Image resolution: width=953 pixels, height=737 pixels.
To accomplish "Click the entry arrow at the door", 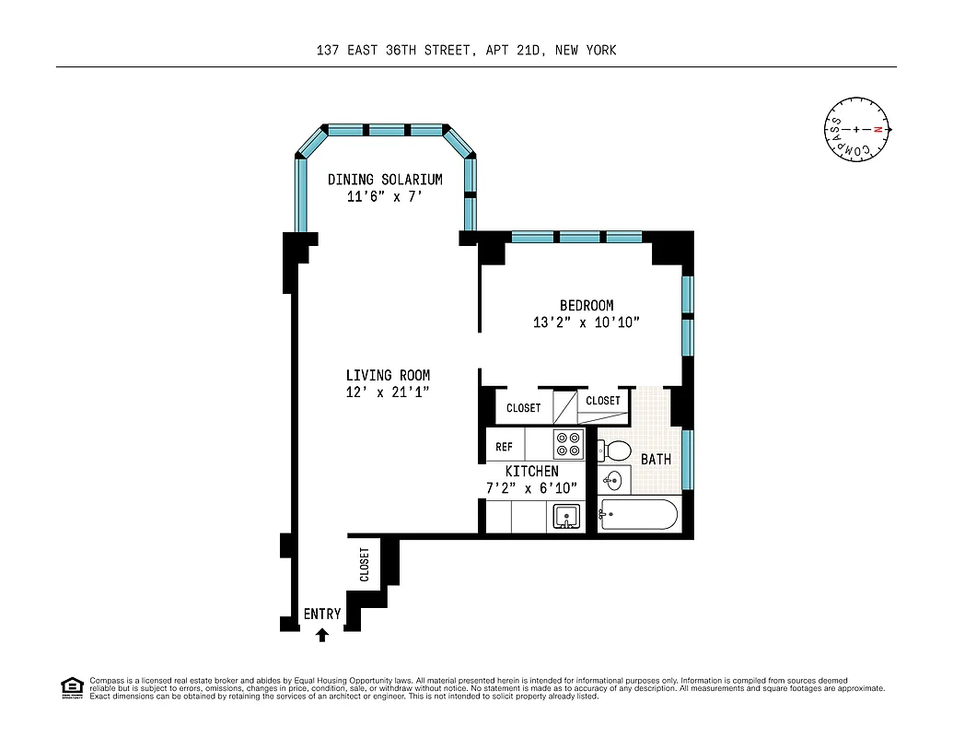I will (321, 634).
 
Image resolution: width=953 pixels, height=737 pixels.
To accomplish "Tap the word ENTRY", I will (322, 614).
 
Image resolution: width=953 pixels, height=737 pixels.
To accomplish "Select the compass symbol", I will (856, 130).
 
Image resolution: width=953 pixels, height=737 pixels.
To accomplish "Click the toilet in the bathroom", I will (614, 451).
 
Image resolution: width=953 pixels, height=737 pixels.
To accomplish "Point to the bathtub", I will (639, 514).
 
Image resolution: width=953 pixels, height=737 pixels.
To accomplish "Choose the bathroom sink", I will (614, 481).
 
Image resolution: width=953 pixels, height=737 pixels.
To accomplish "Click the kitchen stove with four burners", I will (567, 445).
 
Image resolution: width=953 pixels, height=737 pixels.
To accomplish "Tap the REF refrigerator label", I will (505, 447).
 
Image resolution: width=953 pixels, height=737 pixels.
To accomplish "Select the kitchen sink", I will (566, 517).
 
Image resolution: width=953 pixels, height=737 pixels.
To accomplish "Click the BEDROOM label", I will (587, 306).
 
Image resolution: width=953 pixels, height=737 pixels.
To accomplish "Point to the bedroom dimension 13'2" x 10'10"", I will (586, 322).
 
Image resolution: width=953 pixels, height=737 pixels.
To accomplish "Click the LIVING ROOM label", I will (388, 376).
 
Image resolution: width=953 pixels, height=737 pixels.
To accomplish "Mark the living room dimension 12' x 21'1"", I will (388, 392).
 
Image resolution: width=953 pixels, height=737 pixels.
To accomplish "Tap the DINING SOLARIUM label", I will (385, 180).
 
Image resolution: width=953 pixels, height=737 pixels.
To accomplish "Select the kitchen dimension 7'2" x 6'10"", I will (531, 488).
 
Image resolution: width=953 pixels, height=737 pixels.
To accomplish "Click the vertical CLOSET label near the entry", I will (365, 565).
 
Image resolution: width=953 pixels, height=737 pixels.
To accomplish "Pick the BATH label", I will (656, 459).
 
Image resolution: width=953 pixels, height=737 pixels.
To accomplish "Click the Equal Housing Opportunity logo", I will (71, 687).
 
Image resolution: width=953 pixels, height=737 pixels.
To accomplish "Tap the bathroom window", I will (688, 459).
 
